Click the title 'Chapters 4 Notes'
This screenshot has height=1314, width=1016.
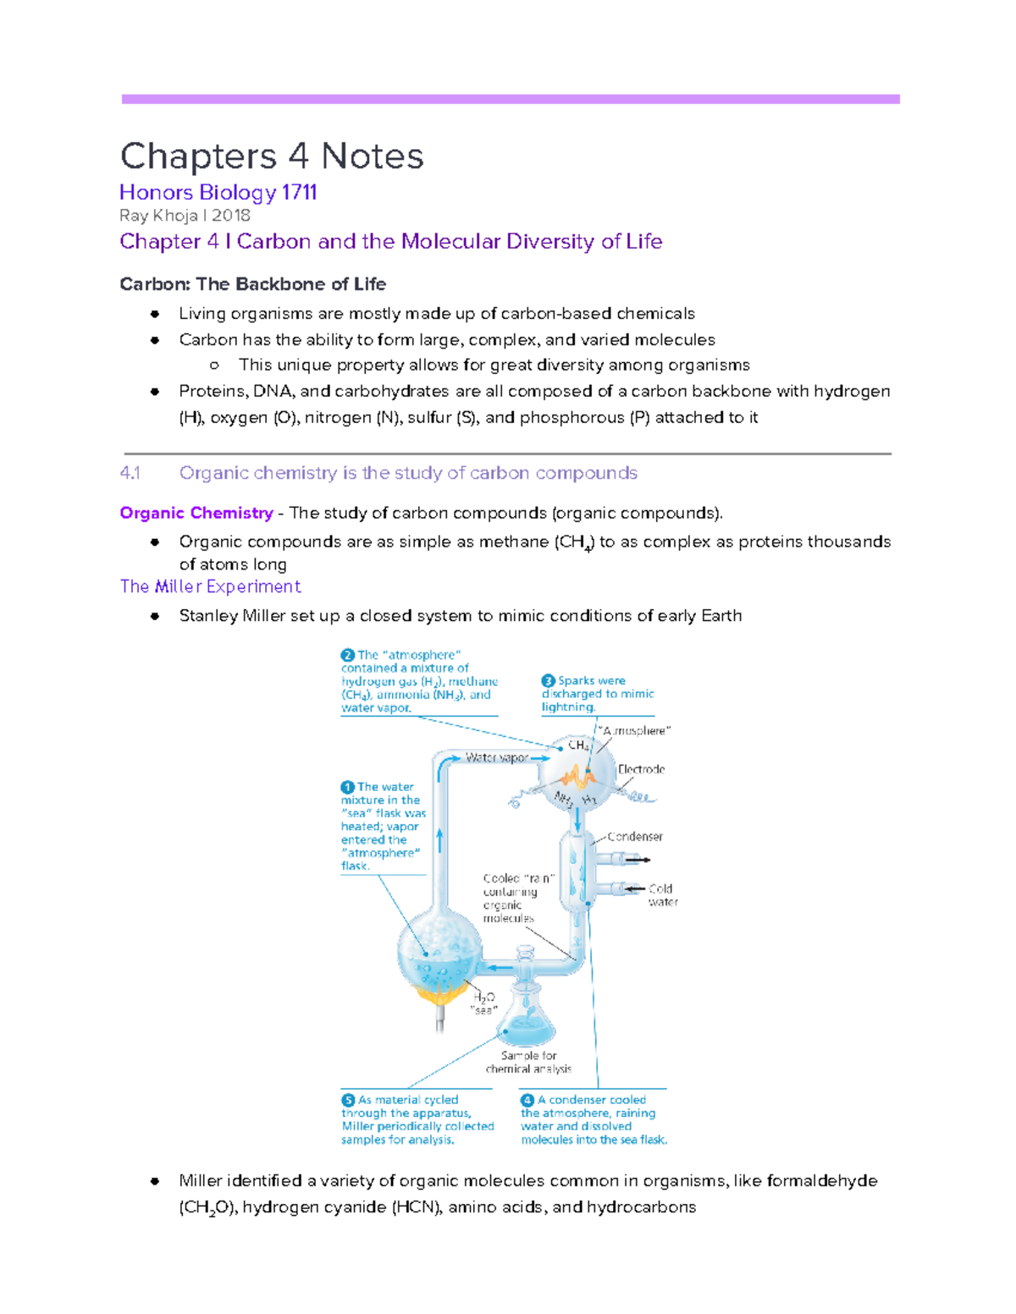(272, 157)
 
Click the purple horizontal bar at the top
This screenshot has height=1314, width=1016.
(510, 99)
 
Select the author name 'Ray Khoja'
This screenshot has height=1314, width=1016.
(158, 216)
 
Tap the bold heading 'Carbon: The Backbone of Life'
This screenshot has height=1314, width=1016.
(252, 284)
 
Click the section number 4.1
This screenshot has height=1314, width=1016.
(130, 473)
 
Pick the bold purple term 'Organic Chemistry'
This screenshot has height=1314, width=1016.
(196, 513)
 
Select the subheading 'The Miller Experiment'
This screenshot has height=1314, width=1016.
(210, 586)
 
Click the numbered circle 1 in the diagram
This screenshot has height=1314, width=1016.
(347, 787)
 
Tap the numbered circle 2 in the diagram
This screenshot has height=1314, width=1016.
(347, 655)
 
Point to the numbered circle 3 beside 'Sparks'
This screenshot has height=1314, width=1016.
(548, 680)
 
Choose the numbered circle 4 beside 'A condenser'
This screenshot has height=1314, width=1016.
(527, 1100)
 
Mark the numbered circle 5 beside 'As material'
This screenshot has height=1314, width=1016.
(348, 1100)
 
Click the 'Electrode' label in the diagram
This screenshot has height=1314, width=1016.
(641, 769)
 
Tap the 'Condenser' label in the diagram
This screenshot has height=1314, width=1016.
(634, 836)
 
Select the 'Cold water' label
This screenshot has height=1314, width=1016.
(661, 895)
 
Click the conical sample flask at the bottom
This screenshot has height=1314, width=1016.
(527, 1020)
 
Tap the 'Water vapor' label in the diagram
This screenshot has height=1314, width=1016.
(496, 757)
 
